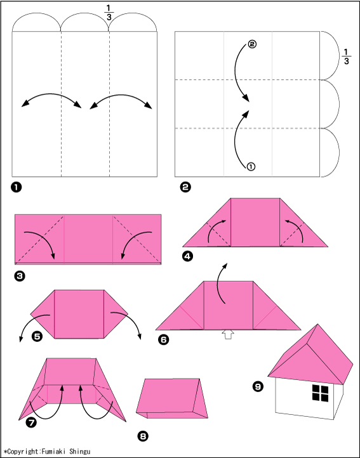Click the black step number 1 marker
(x=17, y=187)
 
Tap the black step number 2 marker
(x=185, y=187)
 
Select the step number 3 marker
(x=20, y=276)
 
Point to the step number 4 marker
(x=187, y=256)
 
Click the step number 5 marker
(x=37, y=336)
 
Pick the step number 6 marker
(x=163, y=339)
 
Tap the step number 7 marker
(x=31, y=422)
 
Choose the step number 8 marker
(x=143, y=436)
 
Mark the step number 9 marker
(x=258, y=387)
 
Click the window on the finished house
(x=320, y=393)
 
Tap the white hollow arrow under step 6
(x=228, y=334)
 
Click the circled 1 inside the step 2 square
(x=251, y=166)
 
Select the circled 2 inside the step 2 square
(x=252, y=44)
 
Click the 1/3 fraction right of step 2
(x=346, y=56)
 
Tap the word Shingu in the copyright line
(x=80, y=452)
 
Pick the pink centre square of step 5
(x=79, y=314)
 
